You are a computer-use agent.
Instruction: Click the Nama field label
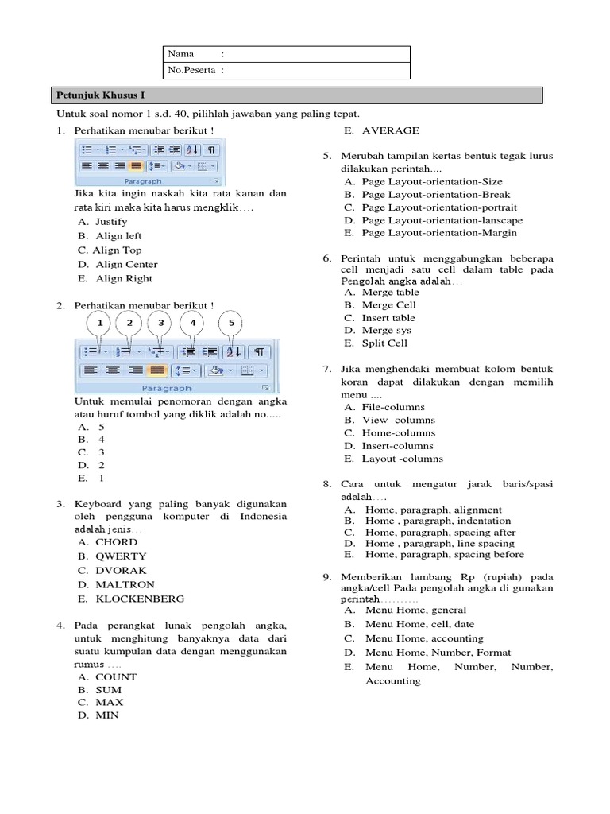tap(181, 54)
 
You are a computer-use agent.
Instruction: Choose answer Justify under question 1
tap(110, 222)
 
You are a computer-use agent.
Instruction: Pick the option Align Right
tap(123, 278)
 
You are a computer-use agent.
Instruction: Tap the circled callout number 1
tap(100, 323)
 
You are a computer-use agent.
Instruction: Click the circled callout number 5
tap(232, 323)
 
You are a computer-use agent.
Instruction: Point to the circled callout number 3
tap(160, 323)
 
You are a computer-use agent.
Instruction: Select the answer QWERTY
tap(121, 556)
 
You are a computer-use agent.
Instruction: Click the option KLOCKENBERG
tap(140, 599)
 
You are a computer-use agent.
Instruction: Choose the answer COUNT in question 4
tap(116, 676)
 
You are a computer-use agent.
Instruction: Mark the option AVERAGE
tap(391, 130)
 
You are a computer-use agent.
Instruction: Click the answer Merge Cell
tap(389, 304)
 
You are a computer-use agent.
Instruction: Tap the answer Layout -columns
tap(403, 459)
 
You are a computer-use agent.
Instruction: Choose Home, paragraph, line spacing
tap(439, 543)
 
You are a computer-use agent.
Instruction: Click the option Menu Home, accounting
tap(424, 638)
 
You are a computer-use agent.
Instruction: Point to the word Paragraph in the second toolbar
tap(167, 388)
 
